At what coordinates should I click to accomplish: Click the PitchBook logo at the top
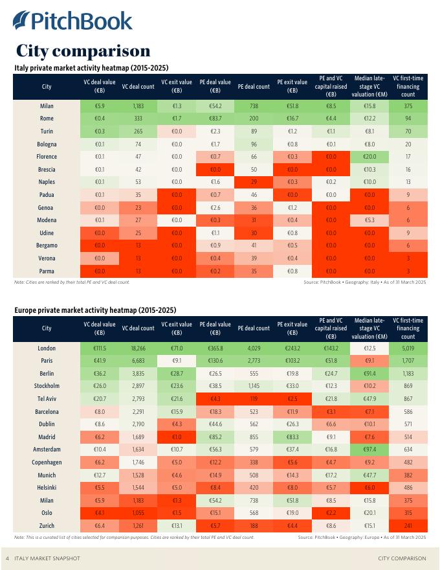tap(72, 21)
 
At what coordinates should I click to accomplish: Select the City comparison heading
tap(83, 51)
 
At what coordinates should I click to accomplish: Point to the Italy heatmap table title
tap(91, 67)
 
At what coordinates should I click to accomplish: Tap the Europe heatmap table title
tap(95, 310)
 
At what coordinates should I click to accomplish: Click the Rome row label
tap(47, 119)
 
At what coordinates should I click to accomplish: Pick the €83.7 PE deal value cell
tap(215, 119)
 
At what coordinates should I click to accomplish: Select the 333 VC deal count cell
tap(138, 119)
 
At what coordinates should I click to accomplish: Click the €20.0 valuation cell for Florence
tap(369, 157)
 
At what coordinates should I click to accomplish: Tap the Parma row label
tap(47, 271)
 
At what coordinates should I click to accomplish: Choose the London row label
tap(47, 348)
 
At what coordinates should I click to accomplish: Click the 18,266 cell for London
tap(138, 348)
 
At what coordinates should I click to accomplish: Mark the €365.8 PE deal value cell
tap(215, 348)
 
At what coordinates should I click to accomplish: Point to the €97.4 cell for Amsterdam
tap(369, 450)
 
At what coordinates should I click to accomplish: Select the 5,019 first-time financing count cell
tap(408, 348)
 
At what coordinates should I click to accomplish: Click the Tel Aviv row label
tap(47, 399)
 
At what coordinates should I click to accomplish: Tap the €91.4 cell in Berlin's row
tap(369, 374)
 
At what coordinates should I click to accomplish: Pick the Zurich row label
tap(47, 526)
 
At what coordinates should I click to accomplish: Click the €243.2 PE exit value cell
tap(292, 348)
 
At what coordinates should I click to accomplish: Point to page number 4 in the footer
tap(7, 558)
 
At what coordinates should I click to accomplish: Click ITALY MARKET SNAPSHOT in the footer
tap(47, 558)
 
